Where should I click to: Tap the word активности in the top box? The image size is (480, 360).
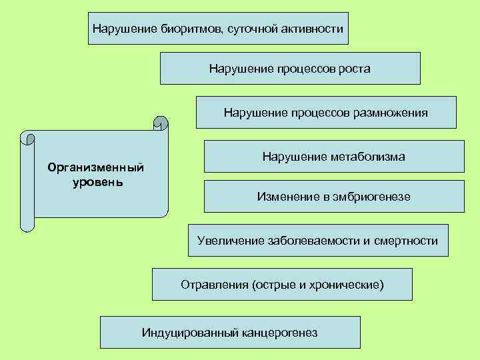coord(314,29)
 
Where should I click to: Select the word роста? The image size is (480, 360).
coord(353,69)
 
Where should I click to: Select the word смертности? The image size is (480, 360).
coord(405,241)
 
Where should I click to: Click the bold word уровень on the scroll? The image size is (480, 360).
coord(97,181)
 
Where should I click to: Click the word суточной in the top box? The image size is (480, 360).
coord(251,29)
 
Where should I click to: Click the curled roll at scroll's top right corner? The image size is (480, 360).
coord(161,123)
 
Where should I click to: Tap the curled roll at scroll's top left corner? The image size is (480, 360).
coord(28,139)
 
